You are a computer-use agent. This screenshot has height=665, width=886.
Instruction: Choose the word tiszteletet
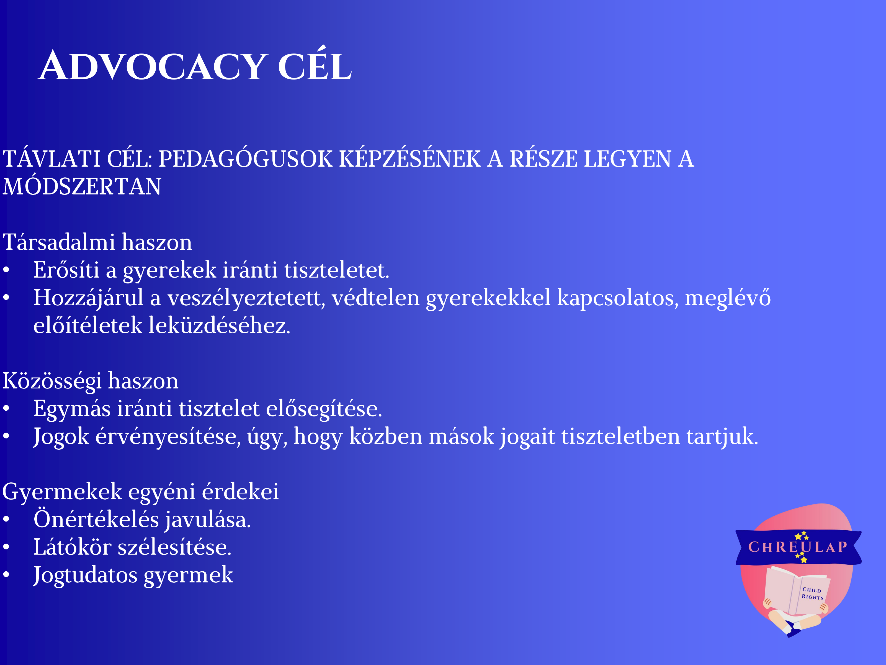pos(337,270)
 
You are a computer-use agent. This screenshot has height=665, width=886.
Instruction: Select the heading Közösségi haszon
pos(90,382)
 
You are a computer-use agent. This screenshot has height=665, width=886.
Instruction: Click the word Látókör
pos(72,547)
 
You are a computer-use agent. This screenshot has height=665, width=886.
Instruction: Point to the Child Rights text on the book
pos(812,593)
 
